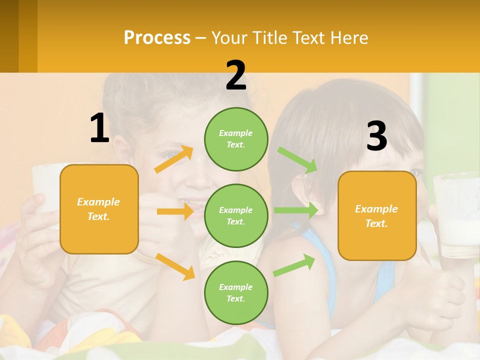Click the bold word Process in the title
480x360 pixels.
coord(157,38)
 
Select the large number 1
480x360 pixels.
coord(99,128)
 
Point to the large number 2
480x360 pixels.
coord(236,75)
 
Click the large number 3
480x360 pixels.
coord(377,136)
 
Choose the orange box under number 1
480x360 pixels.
coord(99,209)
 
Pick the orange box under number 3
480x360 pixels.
coord(377,216)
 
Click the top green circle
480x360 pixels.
coord(236,139)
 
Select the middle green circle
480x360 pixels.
coord(236,215)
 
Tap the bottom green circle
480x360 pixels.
coord(236,292)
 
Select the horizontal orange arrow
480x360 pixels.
coord(175,211)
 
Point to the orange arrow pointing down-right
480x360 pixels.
coord(175,266)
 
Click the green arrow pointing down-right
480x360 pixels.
coord(297,160)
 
